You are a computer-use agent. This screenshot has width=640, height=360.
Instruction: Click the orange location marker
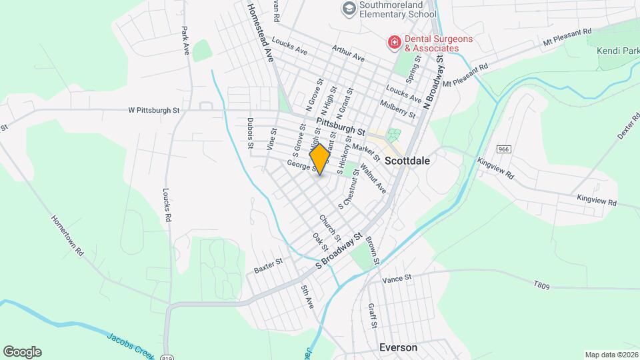(x=320, y=159)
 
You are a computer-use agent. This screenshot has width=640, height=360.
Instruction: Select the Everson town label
(x=398, y=347)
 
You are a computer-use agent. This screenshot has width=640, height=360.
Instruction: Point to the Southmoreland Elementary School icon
(x=348, y=8)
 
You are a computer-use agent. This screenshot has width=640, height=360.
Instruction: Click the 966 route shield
(x=503, y=149)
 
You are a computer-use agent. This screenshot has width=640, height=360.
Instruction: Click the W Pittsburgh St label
(x=155, y=110)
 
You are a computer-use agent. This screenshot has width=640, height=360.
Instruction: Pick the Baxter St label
(x=268, y=265)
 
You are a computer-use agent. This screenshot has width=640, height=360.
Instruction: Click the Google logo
(x=22, y=351)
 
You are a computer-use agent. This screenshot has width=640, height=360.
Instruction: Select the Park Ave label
(x=185, y=40)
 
